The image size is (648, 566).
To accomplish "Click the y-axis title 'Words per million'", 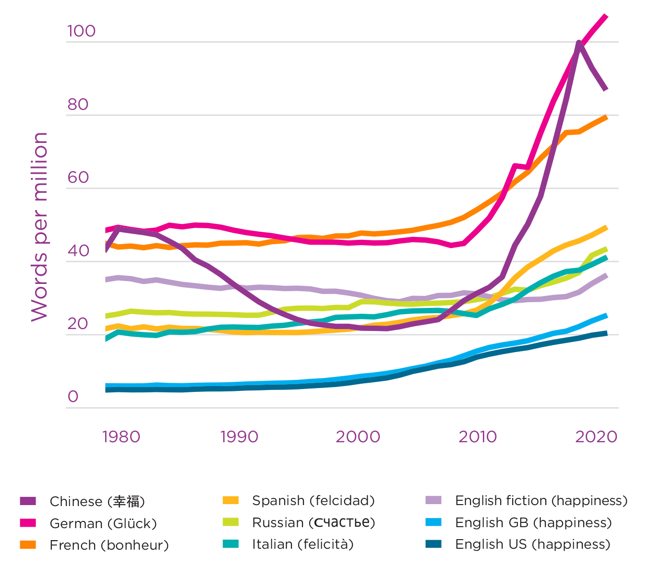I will coord(39,226).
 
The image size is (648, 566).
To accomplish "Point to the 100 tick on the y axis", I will coord(81,31).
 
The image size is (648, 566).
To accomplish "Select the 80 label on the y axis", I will coord(78,105).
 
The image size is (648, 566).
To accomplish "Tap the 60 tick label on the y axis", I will coord(78,177).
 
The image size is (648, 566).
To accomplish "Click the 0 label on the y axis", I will coord(73,397).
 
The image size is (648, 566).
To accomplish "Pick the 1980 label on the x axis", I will coord(121,437).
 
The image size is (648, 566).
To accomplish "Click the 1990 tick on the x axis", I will coord(239,437).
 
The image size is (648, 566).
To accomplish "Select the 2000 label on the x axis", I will coord(358,437).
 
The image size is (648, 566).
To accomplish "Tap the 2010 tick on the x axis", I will coord(478,437).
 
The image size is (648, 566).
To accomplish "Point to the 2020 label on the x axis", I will coord(596,437).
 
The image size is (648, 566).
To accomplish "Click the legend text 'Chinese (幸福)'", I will coord(97,502).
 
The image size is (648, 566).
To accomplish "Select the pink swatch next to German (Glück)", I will coord(28,523).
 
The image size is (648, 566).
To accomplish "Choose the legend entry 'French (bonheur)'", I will coord(109,545).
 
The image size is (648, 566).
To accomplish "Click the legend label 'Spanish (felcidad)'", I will coord(313,501).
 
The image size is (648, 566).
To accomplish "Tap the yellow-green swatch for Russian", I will coord(231,522).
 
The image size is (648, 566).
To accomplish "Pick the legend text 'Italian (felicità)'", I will coord(303,544).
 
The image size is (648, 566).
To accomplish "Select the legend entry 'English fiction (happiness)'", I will coord(541,501).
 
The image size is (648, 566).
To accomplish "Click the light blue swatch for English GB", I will coord(433,522).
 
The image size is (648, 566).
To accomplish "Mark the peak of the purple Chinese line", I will coord(579,43).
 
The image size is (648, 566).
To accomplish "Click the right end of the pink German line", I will coord(606,17).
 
